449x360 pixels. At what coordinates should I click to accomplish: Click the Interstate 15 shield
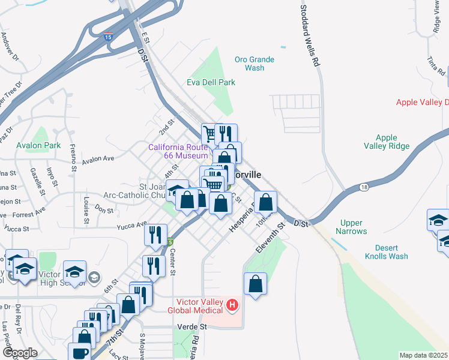(x=108, y=37)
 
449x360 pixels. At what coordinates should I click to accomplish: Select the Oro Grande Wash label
(x=254, y=64)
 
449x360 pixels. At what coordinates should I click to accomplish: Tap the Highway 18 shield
(x=364, y=188)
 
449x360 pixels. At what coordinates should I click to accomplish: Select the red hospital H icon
(x=232, y=306)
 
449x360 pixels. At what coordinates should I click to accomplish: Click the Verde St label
(x=192, y=327)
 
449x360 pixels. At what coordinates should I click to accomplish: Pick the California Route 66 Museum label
(x=178, y=151)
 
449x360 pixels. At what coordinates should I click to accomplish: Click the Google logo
(x=20, y=353)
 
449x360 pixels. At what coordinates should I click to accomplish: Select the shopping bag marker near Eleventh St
(x=256, y=284)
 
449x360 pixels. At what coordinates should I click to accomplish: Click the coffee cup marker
(x=80, y=352)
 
